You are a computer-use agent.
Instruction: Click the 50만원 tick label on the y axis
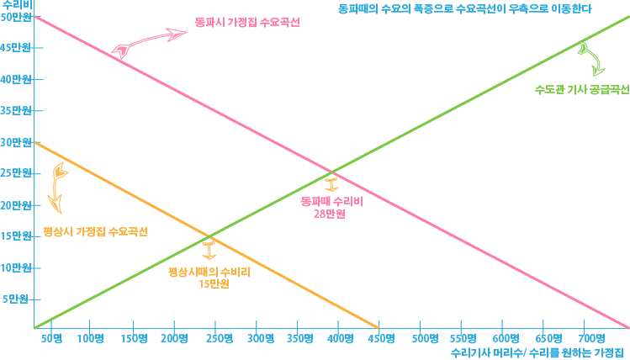(x=15, y=17)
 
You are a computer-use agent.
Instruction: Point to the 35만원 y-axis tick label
(x=15, y=110)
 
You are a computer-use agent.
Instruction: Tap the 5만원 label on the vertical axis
(x=17, y=299)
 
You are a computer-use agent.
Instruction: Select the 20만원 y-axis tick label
(x=15, y=204)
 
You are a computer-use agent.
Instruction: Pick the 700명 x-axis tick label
(x=590, y=338)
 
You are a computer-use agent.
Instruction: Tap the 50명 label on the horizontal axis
(x=51, y=338)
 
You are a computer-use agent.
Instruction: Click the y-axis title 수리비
(x=15, y=5)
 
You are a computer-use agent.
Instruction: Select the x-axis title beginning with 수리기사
(x=539, y=352)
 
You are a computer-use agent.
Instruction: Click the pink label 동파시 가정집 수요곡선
(x=253, y=22)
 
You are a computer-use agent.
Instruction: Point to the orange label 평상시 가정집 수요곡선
(x=96, y=230)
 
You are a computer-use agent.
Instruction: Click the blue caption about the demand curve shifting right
(x=458, y=11)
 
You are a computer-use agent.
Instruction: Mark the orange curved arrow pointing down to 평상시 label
(x=58, y=186)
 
